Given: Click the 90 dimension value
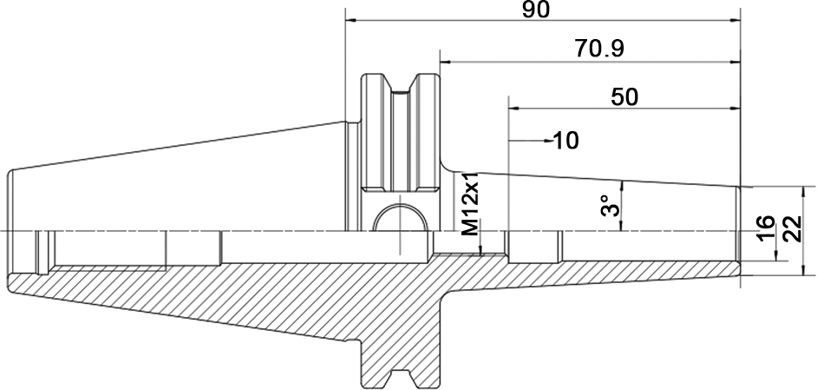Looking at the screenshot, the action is pos(536,10).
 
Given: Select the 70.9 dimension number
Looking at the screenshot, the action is pos(599,49).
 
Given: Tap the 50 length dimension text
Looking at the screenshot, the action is pos(624,97).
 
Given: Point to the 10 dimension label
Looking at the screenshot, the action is pos(565,141).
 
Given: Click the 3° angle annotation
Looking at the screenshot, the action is pos(610,206).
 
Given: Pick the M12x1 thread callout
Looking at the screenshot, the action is pos(469,204).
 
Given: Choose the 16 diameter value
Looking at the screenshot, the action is pos(765,228).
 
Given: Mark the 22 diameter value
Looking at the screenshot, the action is pos(792,228).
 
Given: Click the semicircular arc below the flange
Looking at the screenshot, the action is pos(401,208).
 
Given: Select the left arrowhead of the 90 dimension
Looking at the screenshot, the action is pos(351,21).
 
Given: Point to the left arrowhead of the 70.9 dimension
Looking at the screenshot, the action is pos(446,63).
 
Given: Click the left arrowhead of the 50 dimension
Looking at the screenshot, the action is pos(514,109).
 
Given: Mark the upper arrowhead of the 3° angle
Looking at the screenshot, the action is pos(622,186).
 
